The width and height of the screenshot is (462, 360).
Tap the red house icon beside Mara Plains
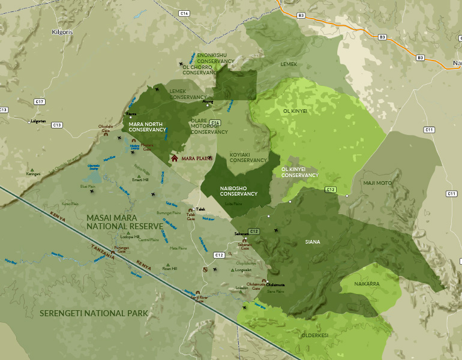(175, 158)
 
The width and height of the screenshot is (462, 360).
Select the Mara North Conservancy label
(147, 127)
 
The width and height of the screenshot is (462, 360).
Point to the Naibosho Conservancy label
(238, 191)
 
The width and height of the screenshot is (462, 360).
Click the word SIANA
(312, 242)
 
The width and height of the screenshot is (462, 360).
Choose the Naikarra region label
(367, 283)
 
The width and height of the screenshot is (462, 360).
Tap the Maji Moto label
(377, 182)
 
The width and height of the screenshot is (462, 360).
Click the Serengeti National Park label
(93, 313)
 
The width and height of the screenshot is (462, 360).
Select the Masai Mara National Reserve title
(124, 221)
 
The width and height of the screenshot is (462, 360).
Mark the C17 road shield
(40, 102)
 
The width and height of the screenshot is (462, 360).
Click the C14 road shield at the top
(184, 13)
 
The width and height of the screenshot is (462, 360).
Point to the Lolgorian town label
(38, 121)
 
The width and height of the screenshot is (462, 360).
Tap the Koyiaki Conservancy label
(248, 157)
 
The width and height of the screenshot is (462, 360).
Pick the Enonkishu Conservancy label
(215, 58)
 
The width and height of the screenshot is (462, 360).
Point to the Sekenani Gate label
(244, 246)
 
